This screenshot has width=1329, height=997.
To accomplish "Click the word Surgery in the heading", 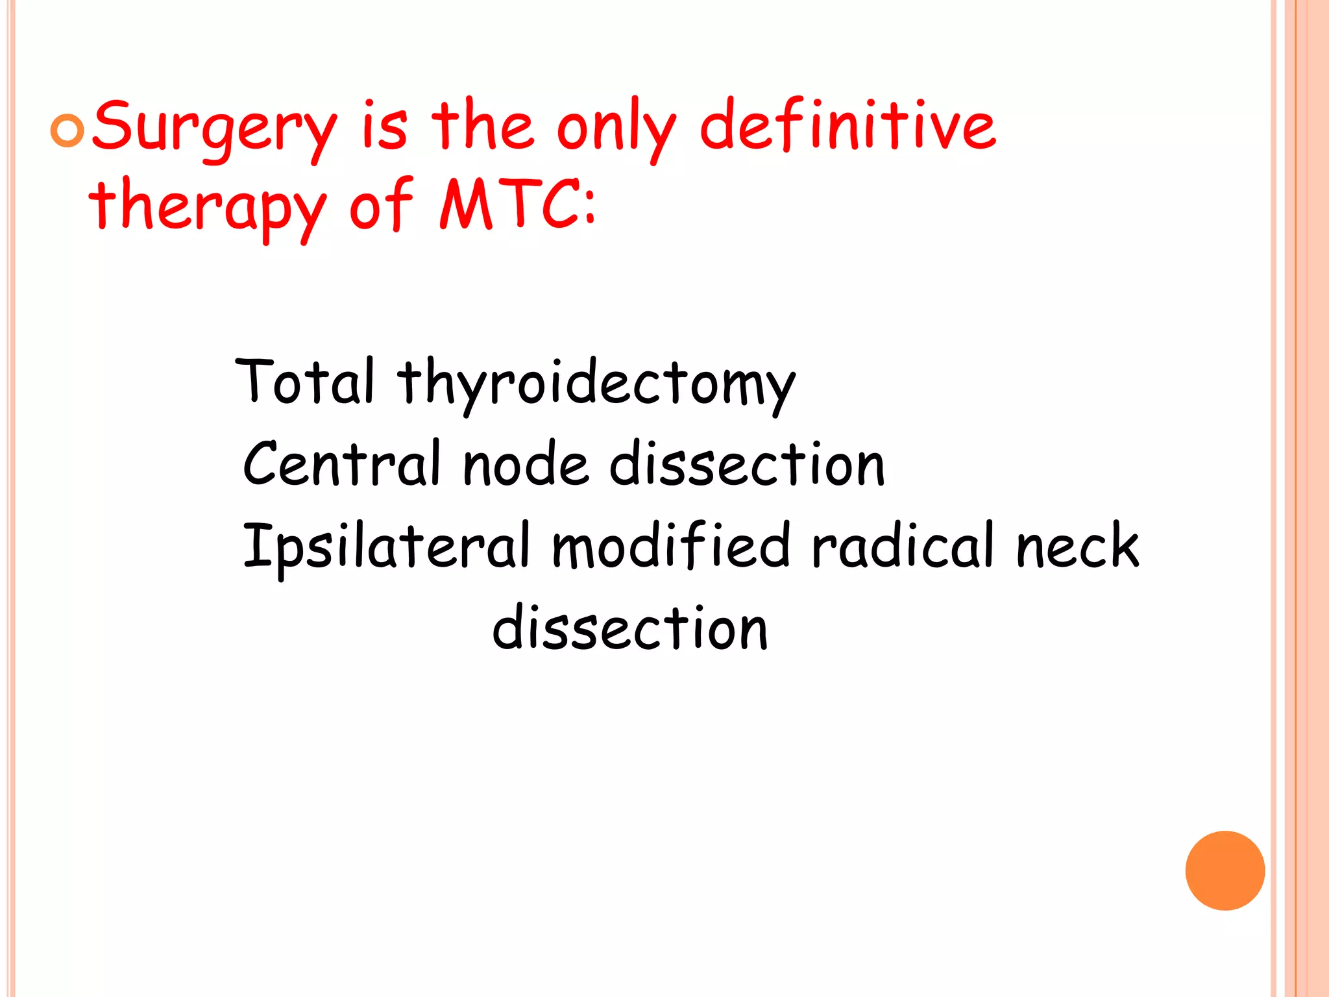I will click(x=214, y=130).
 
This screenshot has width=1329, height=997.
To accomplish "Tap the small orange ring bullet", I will click(x=67, y=131).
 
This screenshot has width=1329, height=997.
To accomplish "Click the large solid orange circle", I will click(x=1225, y=870).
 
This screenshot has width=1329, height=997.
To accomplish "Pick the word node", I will click(x=526, y=465).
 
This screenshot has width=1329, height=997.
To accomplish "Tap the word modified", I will click(x=671, y=545).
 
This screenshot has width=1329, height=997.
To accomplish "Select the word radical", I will click(x=903, y=545).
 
